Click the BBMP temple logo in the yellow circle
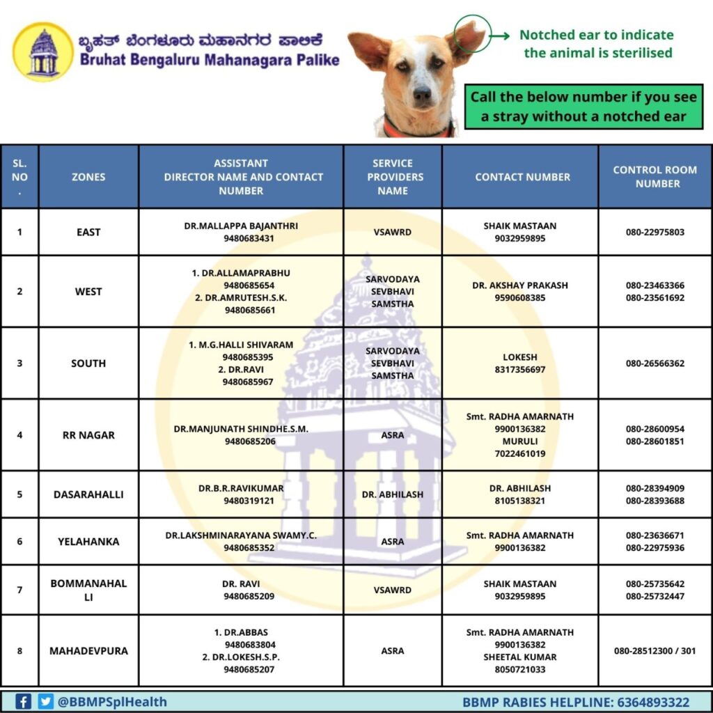tap(42, 52)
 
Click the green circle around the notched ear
tap(470, 37)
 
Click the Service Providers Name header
tap(393, 177)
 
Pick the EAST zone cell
tap(88, 232)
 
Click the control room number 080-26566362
tap(655, 363)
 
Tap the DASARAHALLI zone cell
tap(88, 494)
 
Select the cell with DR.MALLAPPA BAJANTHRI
tap(240, 232)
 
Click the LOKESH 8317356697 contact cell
tap(519, 363)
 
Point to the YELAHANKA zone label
tap(88, 542)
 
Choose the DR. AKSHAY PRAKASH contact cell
tap(519, 291)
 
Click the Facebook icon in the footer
tap(23, 701)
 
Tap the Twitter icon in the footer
tap(46, 701)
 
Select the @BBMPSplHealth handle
tap(111, 702)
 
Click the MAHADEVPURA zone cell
tap(88, 651)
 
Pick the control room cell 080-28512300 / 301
tap(655, 651)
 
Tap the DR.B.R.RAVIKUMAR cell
tap(240, 494)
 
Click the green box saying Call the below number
tap(583, 107)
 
